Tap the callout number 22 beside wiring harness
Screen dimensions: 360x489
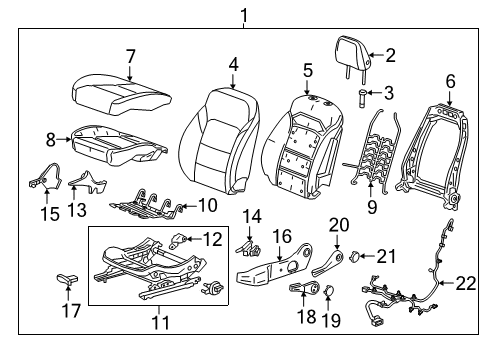coord(466,284)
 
